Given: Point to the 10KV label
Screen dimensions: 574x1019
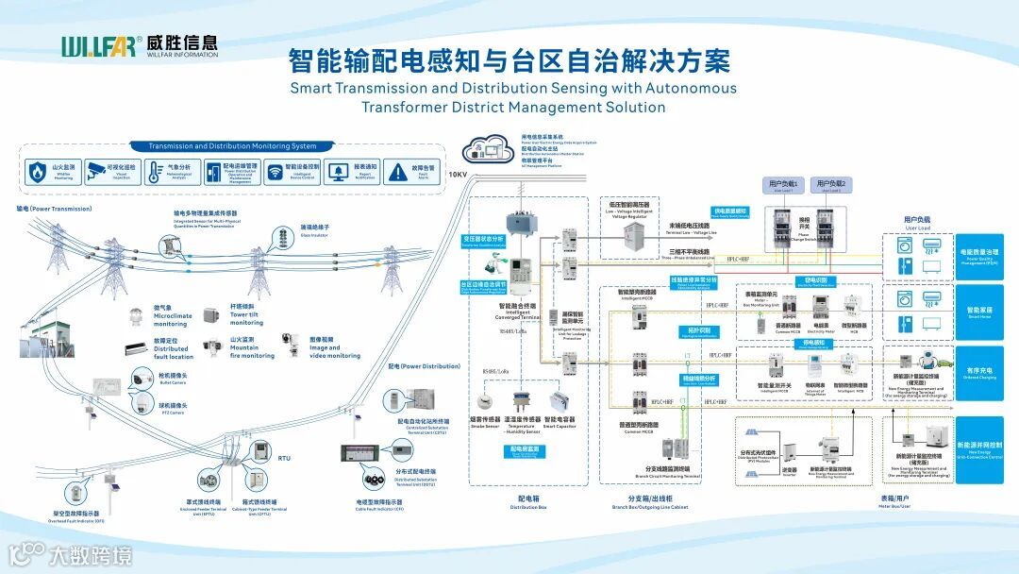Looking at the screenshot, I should pyautogui.click(x=457, y=175).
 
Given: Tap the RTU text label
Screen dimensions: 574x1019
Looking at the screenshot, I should pyautogui.click(x=284, y=458).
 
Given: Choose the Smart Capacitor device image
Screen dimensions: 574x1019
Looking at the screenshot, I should pyautogui.click(x=560, y=401).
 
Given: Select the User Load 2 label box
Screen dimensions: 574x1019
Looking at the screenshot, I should pyautogui.click(x=831, y=184).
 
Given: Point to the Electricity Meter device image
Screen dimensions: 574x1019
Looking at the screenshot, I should pyautogui.click(x=820, y=308).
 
